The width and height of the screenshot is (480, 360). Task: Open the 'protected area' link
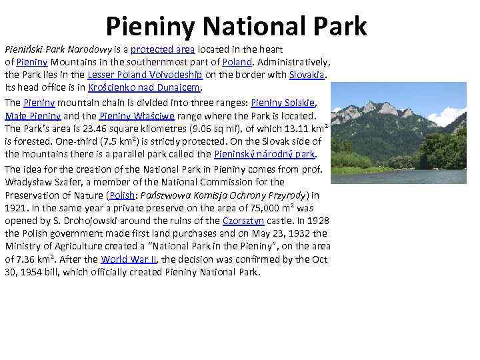click(159, 50)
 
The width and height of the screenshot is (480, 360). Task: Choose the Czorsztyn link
click(244, 221)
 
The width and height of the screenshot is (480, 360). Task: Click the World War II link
click(128, 260)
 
